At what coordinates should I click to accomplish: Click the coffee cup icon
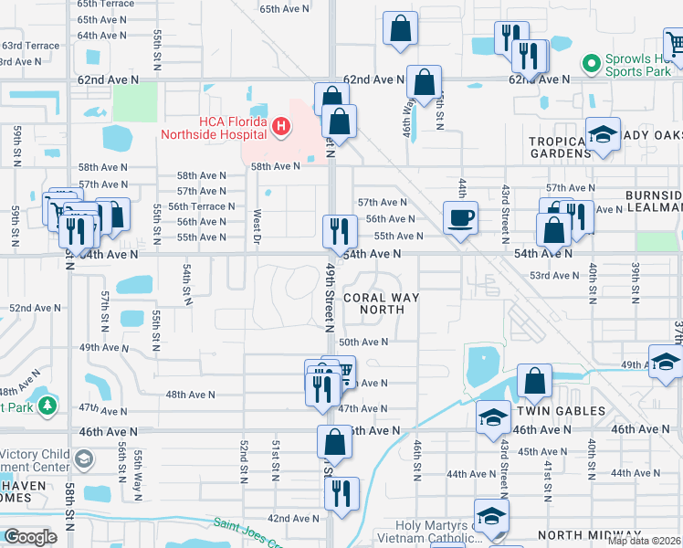point(460,218)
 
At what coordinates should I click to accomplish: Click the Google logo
point(30,537)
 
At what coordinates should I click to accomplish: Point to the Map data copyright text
point(644,541)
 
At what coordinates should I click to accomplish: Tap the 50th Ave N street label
point(363,342)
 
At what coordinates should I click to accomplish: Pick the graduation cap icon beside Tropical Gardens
point(603,135)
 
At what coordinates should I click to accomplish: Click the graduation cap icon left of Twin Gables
point(493,417)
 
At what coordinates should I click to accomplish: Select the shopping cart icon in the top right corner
point(674,42)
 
